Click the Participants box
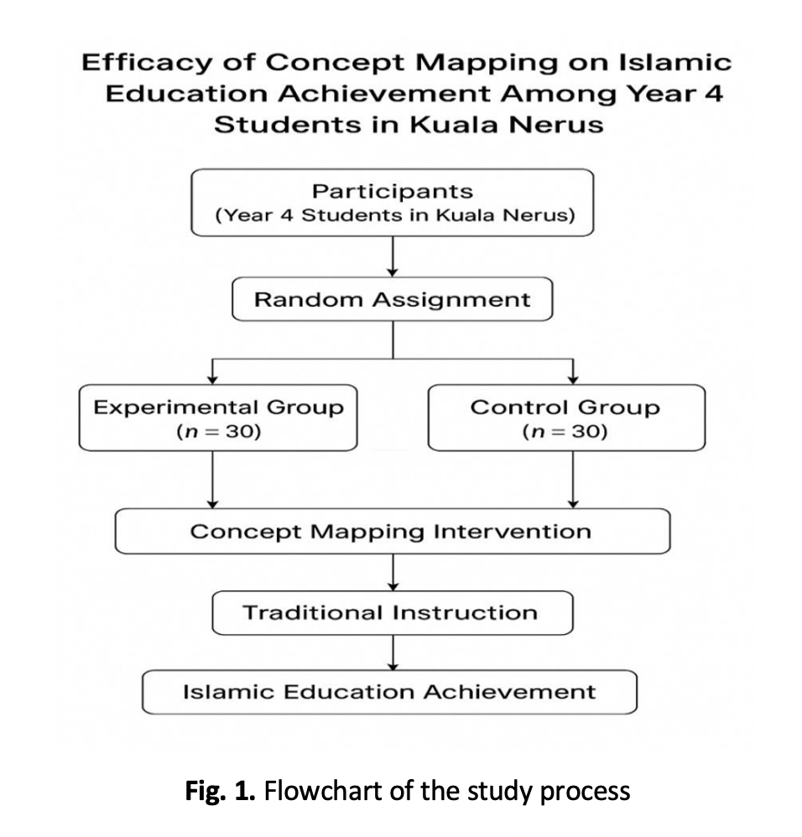pos(393,202)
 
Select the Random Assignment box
pos(393,300)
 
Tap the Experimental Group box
pos(218,418)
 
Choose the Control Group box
pos(566,418)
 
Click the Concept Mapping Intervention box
pos(393,531)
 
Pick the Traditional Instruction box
pos(393,613)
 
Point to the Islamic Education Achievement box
pos(390,692)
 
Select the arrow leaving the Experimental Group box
pos(214,479)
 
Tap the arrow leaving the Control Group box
pos(573,479)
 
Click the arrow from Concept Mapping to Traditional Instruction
pos(393,573)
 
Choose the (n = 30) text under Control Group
pos(565,433)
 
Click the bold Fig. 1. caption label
pos(220,790)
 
